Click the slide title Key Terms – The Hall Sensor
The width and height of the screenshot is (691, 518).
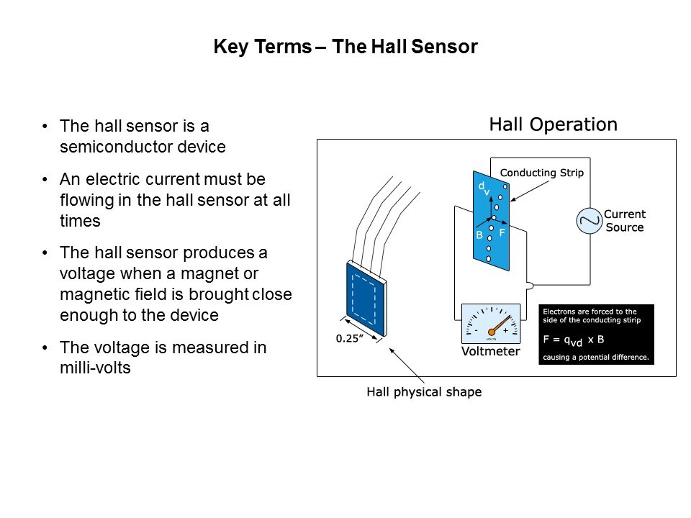(x=345, y=47)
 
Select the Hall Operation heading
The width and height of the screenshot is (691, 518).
(x=553, y=124)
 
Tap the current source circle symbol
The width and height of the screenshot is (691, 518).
(x=590, y=221)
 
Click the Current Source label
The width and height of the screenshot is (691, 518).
(x=625, y=221)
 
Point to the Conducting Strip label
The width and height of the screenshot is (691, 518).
(x=541, y=173)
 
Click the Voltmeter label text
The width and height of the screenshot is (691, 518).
(x=490, y=351)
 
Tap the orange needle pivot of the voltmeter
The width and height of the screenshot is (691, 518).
(x=492, y=332)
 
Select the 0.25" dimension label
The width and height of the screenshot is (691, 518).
(x=350, y=338)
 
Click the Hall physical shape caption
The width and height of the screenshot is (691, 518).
(x=424, y=391)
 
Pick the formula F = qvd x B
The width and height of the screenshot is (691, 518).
(x=574, y=340)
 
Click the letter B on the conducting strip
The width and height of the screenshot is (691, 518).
(x=479, y=235)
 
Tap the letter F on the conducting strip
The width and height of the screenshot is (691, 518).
(x=502, y=232)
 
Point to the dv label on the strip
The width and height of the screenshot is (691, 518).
(x=484, y=188)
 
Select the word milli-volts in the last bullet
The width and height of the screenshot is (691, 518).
(x=95, y=368)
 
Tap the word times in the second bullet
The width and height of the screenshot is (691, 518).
(x=80, y=221)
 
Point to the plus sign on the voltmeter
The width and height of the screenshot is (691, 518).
(x=505, y=330)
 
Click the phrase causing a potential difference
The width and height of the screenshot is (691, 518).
(x=596, y=358)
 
